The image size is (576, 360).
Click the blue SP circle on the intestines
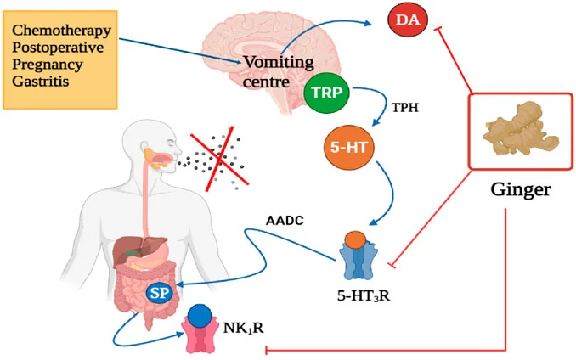point(157,293)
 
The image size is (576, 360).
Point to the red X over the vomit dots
point(221,158)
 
